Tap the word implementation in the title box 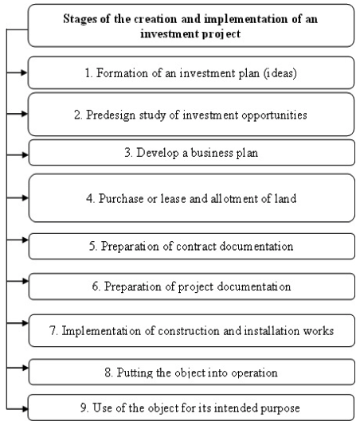point(245,20)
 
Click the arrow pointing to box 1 point(17,72)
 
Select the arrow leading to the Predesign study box point(17,114)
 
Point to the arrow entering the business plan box point(17,154)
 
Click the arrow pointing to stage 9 point(17,409)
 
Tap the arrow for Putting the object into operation point(17,368)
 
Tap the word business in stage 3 point(212,153)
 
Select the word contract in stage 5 point(196,247)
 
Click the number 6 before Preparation point(96,287)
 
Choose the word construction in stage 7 point(189,331)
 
